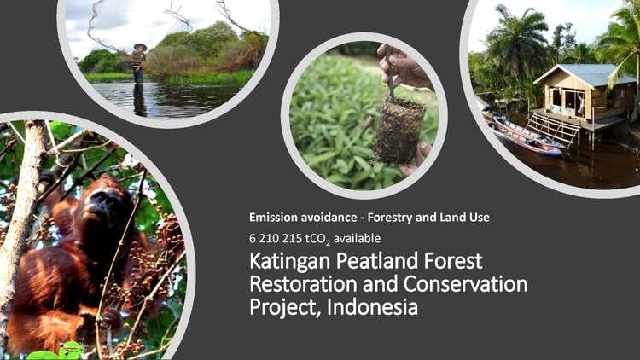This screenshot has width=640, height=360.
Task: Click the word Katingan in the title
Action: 289,262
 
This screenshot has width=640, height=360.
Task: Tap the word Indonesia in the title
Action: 372,307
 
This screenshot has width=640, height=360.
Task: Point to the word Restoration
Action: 303,284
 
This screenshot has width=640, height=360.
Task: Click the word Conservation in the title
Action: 465,284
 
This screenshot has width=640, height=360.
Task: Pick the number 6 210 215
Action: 276,238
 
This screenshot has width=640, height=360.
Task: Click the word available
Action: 358,238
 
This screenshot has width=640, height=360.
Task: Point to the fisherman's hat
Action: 140,47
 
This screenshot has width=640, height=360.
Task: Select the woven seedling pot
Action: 399,131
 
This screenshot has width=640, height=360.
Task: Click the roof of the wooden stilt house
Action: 585,74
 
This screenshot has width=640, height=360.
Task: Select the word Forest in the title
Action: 453,260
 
